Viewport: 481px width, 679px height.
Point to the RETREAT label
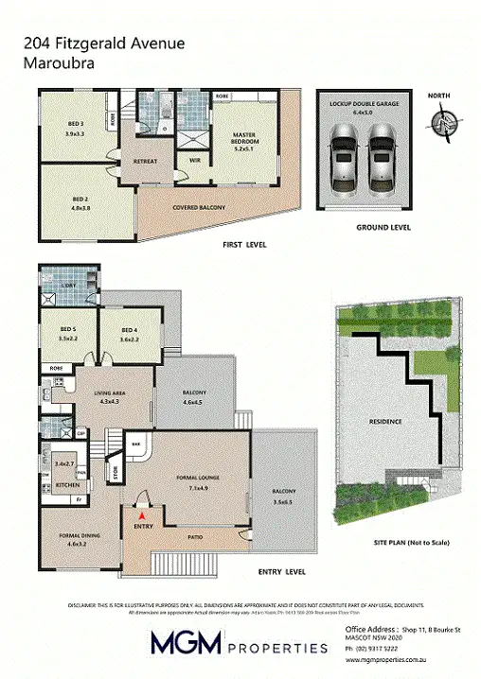[x=145, y=162]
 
